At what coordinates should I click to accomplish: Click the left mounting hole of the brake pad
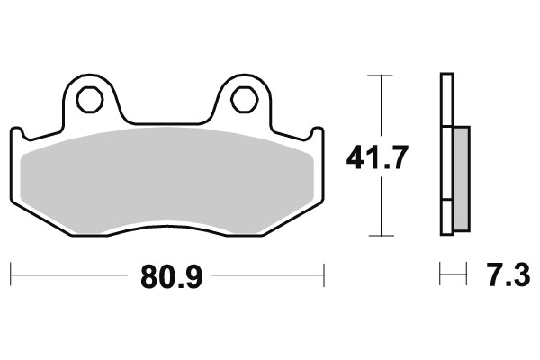88,99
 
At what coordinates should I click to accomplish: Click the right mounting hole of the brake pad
241,99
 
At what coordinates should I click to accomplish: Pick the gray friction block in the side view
460,178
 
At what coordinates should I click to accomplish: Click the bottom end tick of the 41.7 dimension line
382,236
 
